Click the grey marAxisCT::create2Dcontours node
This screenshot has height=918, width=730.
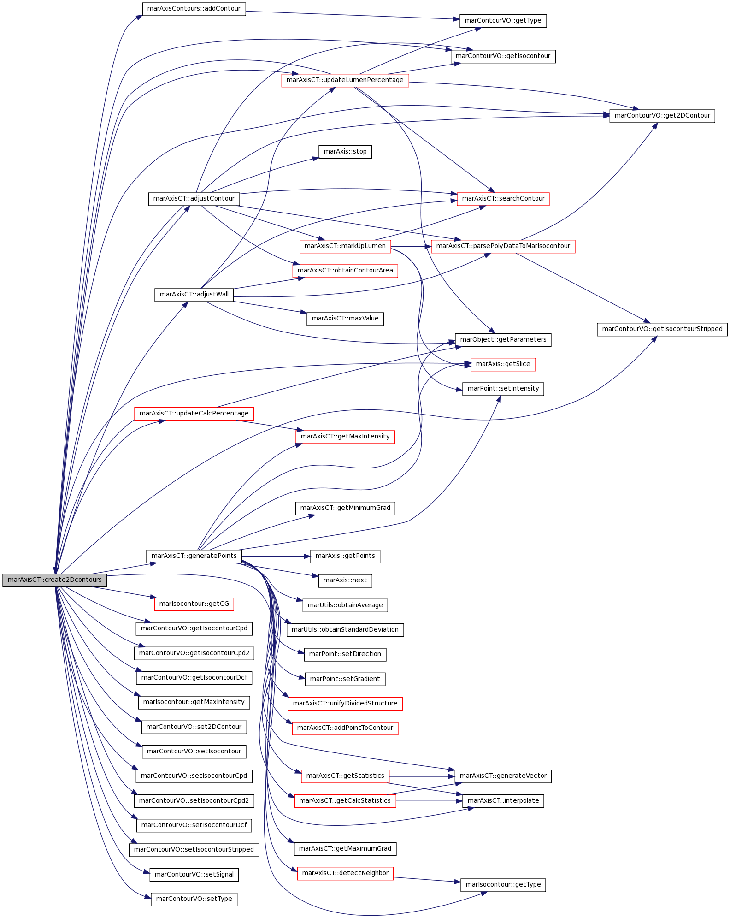point(55,580)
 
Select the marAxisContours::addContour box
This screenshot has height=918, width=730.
point(194,9)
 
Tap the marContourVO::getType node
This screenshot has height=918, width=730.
point(503,21)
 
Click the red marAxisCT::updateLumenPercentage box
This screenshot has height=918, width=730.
point(345,80)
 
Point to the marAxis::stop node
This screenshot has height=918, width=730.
point(345,152)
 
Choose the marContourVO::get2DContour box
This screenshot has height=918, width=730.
point(662,116)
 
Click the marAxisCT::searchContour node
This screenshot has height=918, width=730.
point(503,199)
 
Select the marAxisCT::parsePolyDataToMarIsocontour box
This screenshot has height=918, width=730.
point(503,246)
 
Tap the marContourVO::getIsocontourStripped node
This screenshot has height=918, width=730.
point(662,329)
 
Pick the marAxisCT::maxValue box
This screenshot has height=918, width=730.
point(345,319)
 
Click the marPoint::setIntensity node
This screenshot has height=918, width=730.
point(503,389)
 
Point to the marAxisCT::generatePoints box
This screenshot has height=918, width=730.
point(194,556)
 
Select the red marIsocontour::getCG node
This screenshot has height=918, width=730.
point(194,604)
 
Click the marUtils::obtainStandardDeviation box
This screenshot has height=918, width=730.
point(345,630)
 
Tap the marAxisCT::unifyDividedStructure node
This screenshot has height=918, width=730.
point(345,704)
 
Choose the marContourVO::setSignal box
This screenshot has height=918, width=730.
point(194,875)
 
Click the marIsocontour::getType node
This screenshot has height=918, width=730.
point(503,885)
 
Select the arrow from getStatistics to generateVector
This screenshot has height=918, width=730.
point(422,776)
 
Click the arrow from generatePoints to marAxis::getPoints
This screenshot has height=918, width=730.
point(276,557)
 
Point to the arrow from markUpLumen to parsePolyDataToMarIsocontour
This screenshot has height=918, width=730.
point(411,247)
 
